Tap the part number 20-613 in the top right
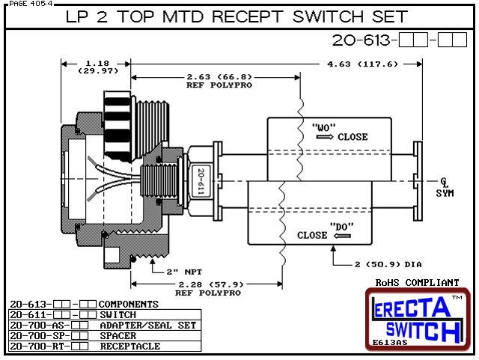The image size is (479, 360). [x=351, y=41]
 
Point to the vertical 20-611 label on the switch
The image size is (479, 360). [x=201, y=181]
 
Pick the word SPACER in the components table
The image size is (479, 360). [x=119, y=336]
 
